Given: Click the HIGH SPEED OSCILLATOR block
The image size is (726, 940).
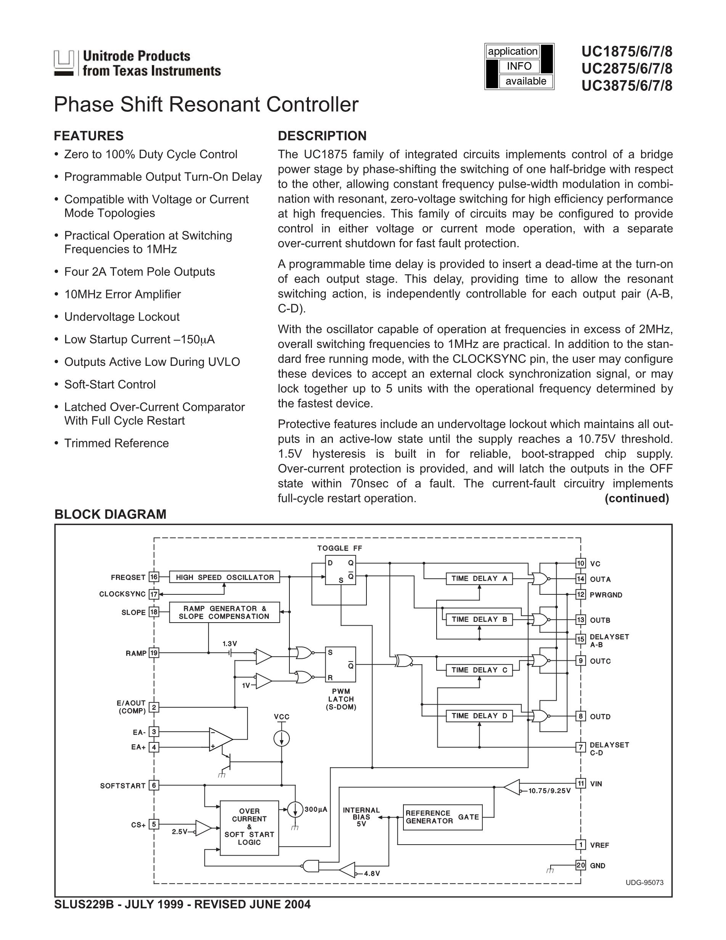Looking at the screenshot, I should (225, 577).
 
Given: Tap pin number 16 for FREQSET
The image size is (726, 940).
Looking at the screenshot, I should (154, 577).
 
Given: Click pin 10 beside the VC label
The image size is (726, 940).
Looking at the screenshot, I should (581, 563).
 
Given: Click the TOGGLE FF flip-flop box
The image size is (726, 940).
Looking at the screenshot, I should (340, 570).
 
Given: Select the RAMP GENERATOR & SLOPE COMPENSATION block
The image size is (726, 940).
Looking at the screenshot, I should (224, 612).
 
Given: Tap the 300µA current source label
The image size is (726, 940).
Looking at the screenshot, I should (316, 810).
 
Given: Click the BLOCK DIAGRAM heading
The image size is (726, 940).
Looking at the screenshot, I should (110, 514).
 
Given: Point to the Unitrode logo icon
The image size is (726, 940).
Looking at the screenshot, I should (64, 63).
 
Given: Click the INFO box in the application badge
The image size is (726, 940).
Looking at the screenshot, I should (519, 66).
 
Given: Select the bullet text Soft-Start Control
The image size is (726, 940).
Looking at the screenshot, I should (110, 384).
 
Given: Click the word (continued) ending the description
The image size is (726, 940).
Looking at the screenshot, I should (636, 498).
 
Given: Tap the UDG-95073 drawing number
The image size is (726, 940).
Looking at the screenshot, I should (644, 882).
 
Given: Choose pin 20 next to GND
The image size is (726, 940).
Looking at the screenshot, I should (581, 866).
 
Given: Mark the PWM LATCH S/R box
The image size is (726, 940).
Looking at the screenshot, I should (340, 665).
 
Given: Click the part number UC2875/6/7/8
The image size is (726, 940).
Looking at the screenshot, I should (626, 69).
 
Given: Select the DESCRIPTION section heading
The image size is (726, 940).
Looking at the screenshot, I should (322, 136).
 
